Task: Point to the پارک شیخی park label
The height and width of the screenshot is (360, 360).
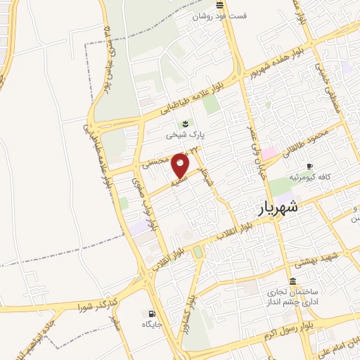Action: coord(185,132)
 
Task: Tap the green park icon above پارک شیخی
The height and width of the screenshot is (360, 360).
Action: coord(185,122)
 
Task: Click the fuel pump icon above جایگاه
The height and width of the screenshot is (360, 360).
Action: coord(151,314)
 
